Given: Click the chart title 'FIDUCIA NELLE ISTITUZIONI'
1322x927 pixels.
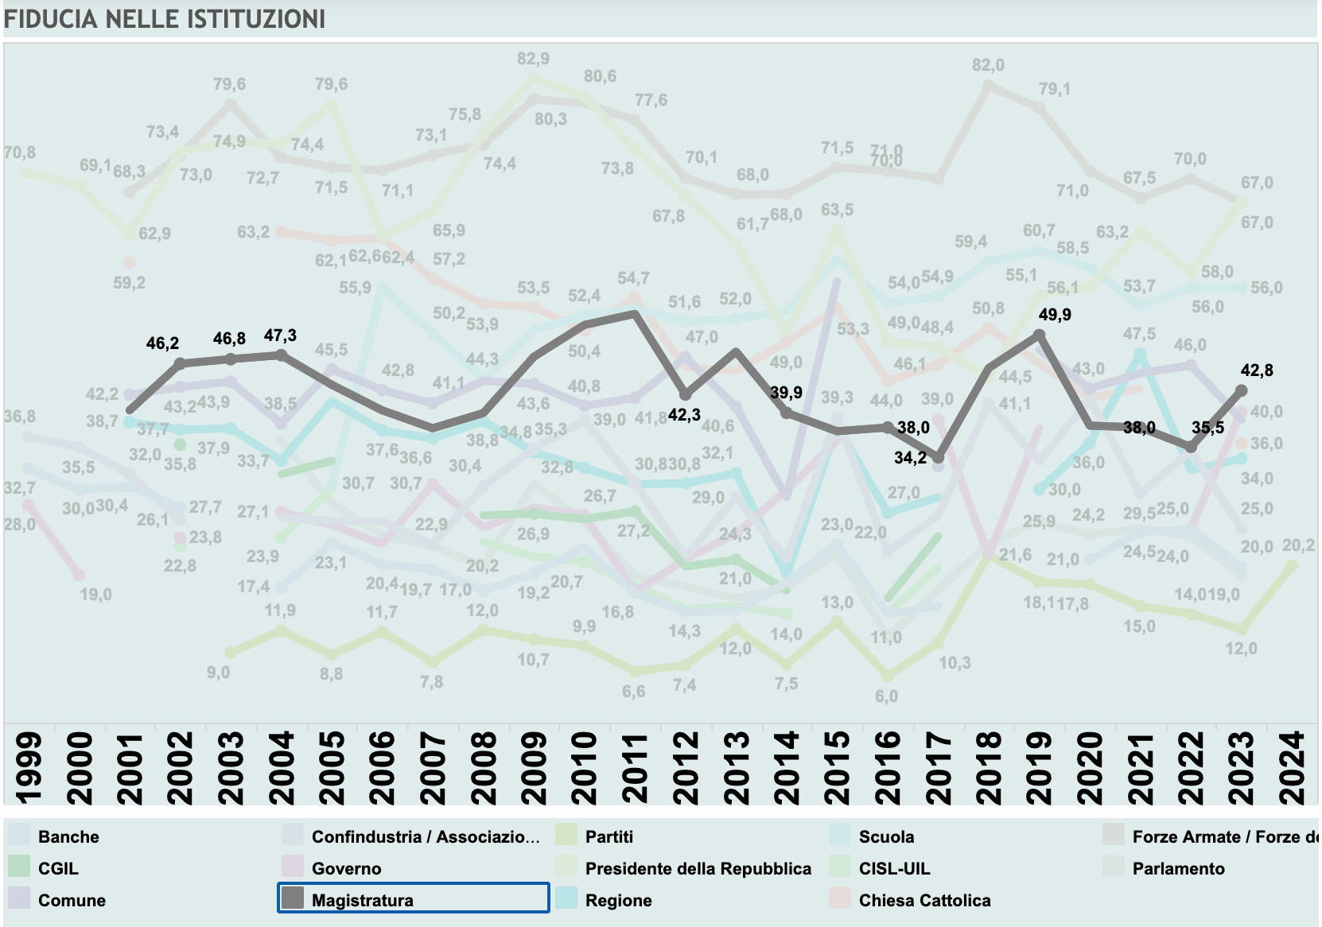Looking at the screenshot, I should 165,19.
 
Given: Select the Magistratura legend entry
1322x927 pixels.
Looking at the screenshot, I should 362,900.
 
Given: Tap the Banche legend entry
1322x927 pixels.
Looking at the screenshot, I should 68,836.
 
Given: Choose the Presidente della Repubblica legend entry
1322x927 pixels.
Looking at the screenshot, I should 698,868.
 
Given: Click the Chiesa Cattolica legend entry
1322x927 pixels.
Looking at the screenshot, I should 924,900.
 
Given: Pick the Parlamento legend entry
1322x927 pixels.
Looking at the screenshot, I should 1178,868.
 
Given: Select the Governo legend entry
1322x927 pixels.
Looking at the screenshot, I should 346,868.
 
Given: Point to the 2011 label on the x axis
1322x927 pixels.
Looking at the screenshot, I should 635,768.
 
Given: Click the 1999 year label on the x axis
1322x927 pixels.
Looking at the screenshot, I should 29,768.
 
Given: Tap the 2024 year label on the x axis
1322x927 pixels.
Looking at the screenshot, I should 1293,768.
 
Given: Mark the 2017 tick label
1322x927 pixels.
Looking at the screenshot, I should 939,768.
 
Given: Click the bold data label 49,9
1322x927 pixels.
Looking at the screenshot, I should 1055,315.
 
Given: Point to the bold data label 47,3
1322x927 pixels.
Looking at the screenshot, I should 280,336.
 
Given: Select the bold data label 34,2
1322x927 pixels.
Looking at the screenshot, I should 910,458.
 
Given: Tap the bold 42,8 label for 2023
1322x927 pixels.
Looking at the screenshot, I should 1257,370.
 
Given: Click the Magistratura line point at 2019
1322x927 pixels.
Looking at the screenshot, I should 1040,335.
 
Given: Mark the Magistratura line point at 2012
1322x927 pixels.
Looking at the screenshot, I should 686,394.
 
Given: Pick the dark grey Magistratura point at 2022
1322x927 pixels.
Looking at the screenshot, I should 1191,448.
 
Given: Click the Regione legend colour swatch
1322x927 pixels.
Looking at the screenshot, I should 566,898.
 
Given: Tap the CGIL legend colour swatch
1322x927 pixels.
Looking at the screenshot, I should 19,867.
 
